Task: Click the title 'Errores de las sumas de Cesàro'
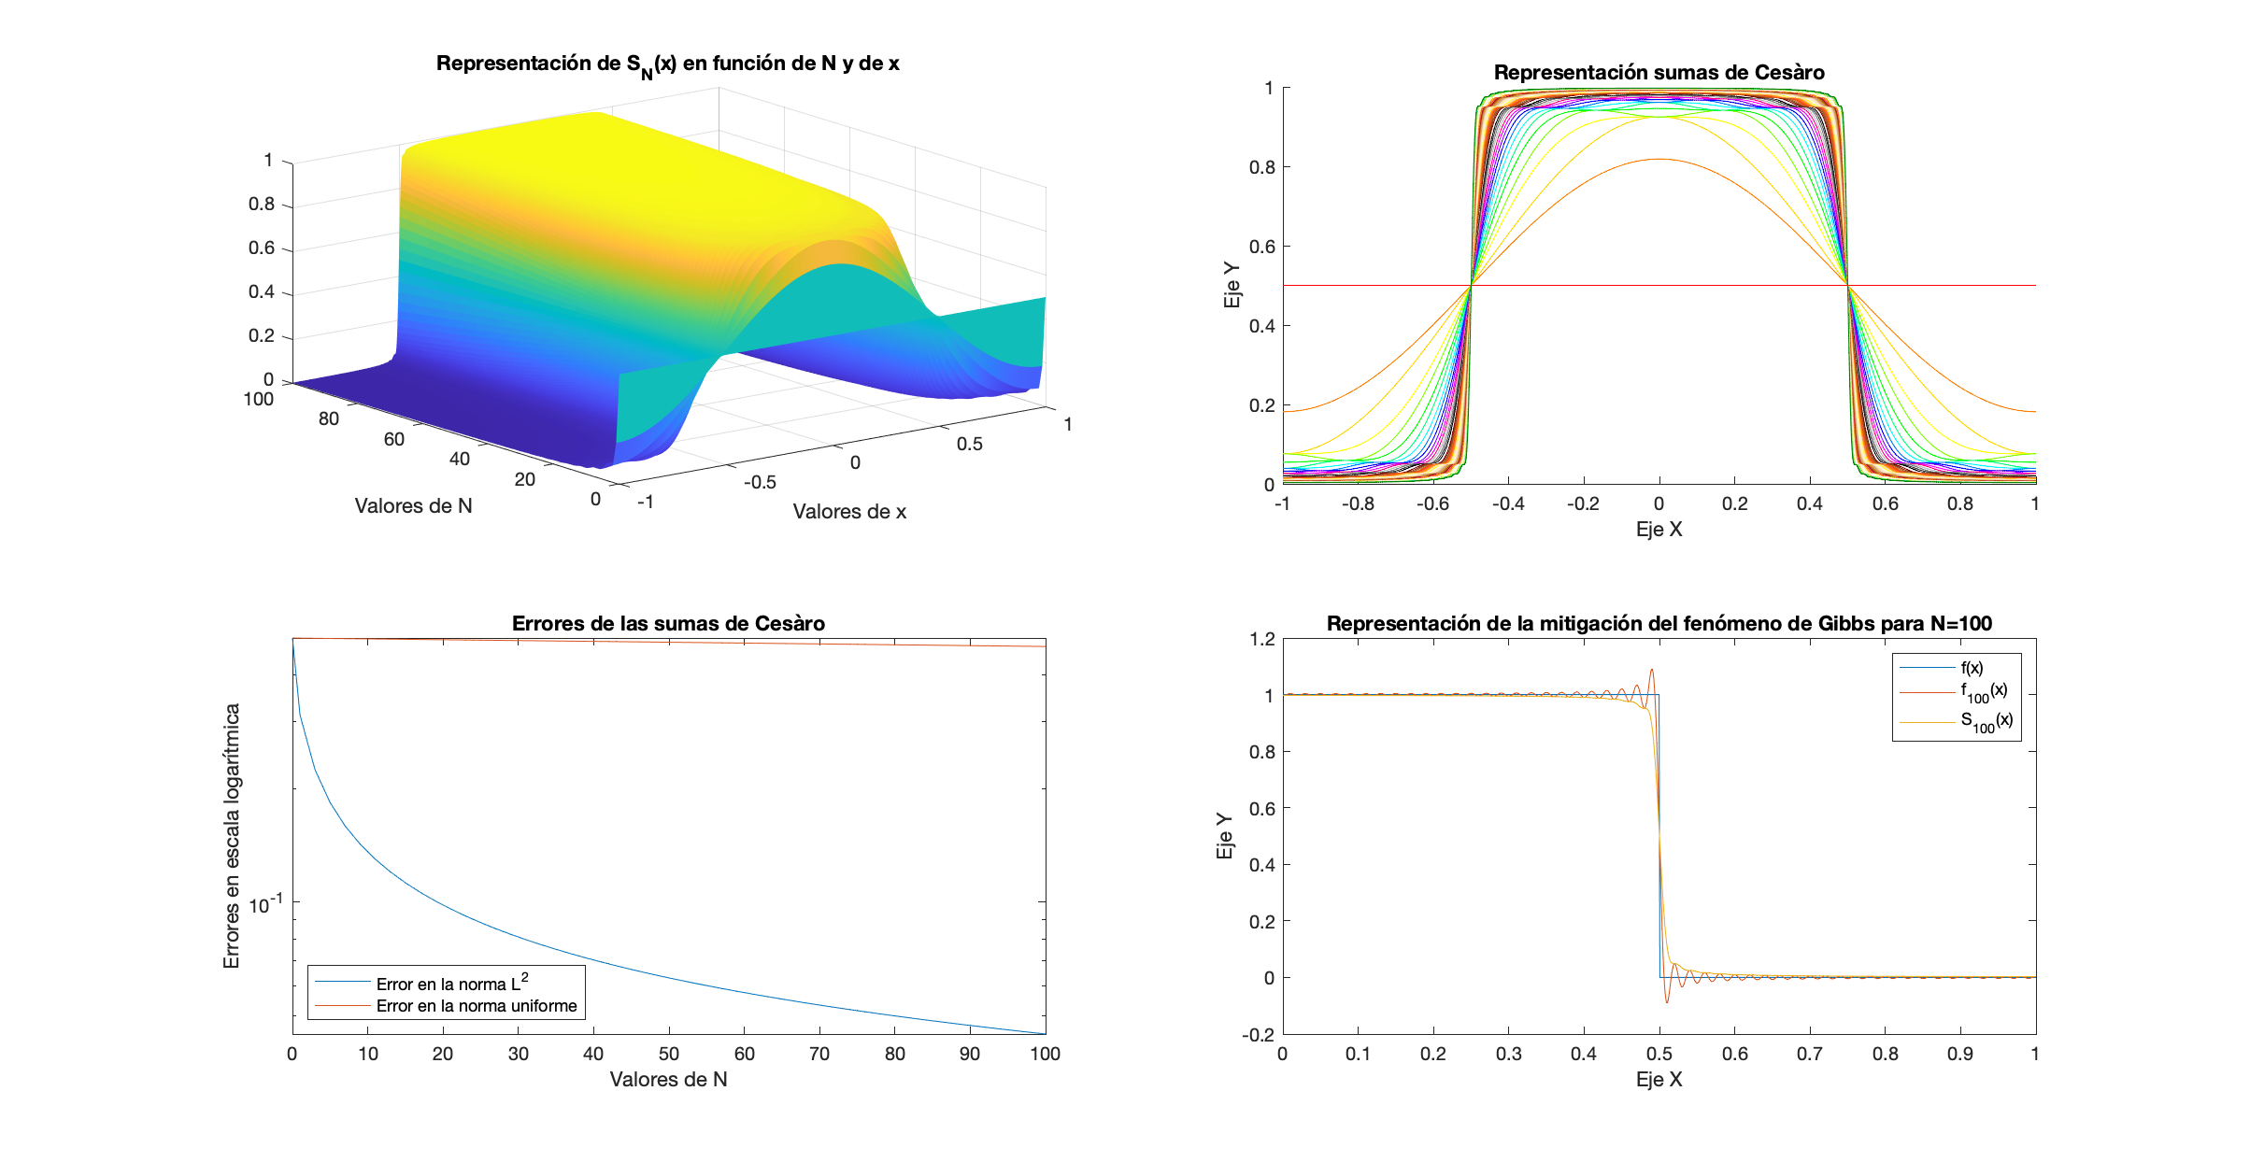click(x=668, y=623)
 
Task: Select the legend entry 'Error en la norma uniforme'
click(x=477, y=1006)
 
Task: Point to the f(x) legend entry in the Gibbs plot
click(x=1972, y=668)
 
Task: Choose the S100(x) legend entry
click(x=1986, y=721)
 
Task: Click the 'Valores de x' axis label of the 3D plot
click(x=849, y=512)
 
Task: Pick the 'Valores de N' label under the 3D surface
click(x=413, y=506)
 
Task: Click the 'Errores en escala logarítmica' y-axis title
click(x=232, y=836)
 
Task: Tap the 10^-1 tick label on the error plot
click(x=265, y=904)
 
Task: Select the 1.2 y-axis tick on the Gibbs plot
click(x=1261, y=639)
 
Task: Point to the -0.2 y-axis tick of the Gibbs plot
click(x=1258, y=1034)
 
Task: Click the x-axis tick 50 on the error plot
click(x=669, y=1054)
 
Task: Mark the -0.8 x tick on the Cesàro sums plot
click(x=1358, y=503)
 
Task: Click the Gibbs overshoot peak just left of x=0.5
click(x=1652, y=670)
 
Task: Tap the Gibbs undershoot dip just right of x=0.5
click(x=1667, y=1002)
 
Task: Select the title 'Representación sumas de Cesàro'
click(x=1659, y=73)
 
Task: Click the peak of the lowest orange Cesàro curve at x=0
click(x=1659, y=160)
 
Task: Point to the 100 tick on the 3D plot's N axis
click(x=258, y=400)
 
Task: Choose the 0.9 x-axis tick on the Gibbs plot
click(x=1960, y=1054)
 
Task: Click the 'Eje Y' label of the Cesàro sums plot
click(x=1232, y=285)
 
